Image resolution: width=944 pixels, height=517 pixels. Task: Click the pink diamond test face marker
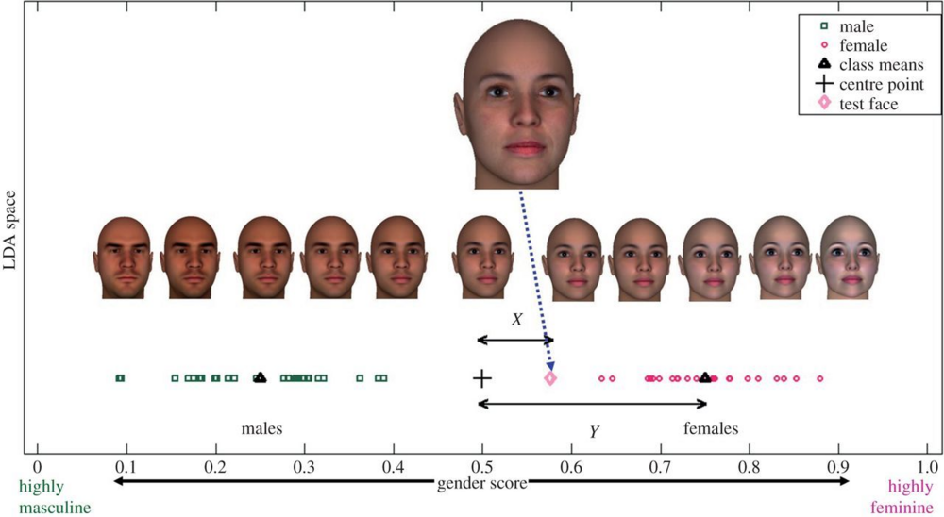(550, 378)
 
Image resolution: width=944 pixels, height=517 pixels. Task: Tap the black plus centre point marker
(481, 378)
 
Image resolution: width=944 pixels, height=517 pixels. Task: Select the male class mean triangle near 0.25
(261, 377)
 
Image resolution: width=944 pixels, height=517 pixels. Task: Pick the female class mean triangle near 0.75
(705, 377)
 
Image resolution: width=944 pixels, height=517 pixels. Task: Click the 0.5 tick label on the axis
(481, 465)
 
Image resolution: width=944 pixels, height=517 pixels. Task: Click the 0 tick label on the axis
(37, 465)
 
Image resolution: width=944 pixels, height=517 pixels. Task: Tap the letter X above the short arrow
(516, 320)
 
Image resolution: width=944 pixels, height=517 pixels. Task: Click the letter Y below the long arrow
(594, 431)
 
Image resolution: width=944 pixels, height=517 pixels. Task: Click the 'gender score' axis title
(481, 483)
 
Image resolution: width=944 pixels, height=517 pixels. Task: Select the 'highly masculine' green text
(55, 498)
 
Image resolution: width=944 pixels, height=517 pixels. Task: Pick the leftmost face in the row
(123, 258)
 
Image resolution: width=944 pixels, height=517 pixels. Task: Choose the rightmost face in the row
(846, 258)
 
